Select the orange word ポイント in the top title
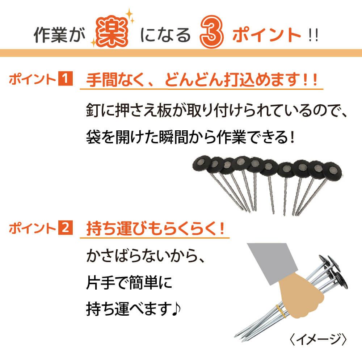267,36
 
